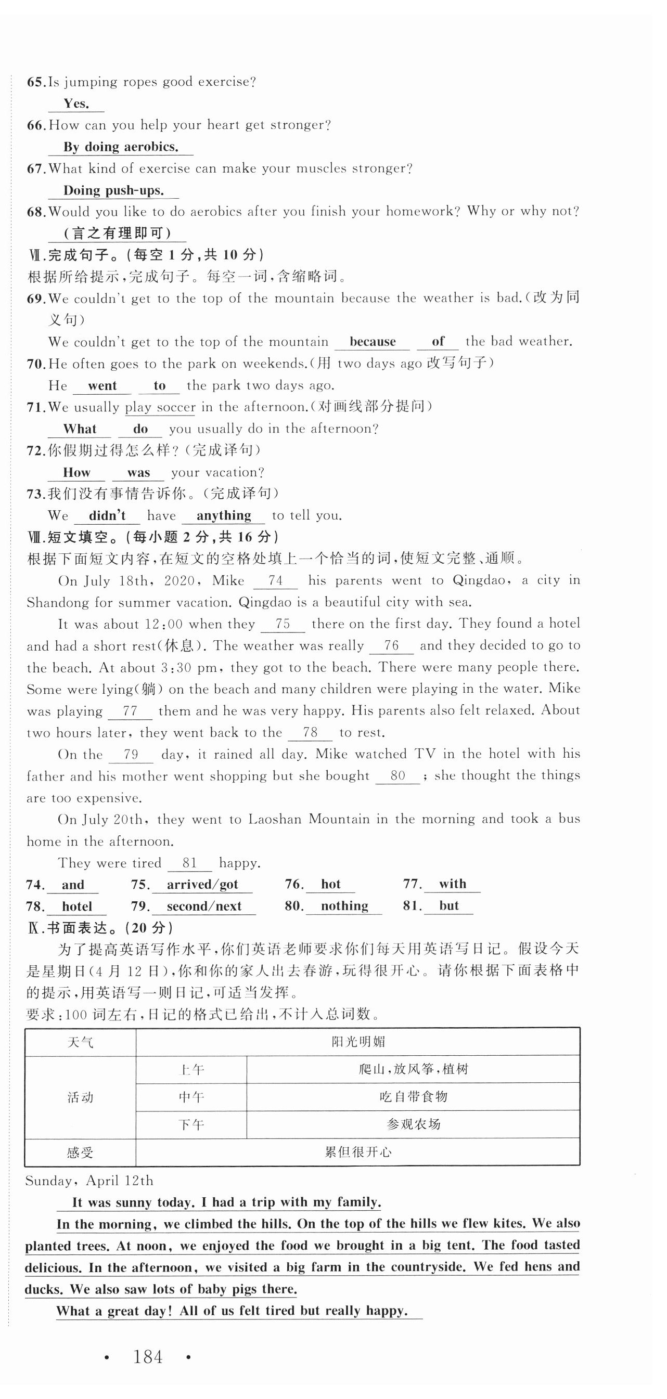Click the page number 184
[148, 1357]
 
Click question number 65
[36, 82]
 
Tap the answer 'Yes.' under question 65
[76, 103]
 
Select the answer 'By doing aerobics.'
[121, 147]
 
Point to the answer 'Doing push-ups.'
[113, 191]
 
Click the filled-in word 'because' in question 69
[373, 342]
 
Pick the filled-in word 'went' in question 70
[102, 385]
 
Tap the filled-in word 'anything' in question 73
[224, 515]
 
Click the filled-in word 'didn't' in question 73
[107, 515]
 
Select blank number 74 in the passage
[276, 580]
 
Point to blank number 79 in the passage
[131, 754]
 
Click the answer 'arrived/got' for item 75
[202, 885]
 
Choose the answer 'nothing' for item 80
[344, 906]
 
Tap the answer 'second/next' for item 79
[204, 906]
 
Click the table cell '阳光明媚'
[358, 1042]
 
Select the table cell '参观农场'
[413, 1124]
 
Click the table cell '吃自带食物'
[413, 1096]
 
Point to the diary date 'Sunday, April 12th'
[89, 1181]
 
